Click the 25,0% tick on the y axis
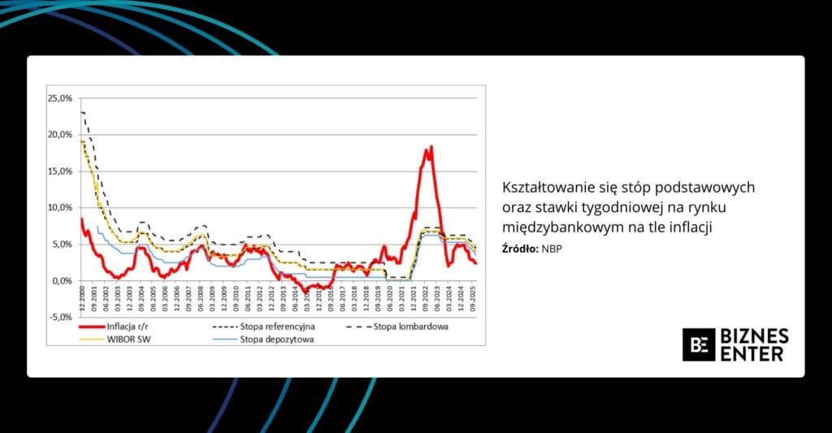[x=61, y=98]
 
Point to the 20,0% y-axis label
[x=61, y=135]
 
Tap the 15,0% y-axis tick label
[x=61, y=171]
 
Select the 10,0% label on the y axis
[x=61, y=208]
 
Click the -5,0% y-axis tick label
[x=61, y=318]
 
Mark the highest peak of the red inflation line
[x=431, y=146]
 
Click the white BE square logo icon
[x=698, y=344]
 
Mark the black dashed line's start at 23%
[x=82, y=112]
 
